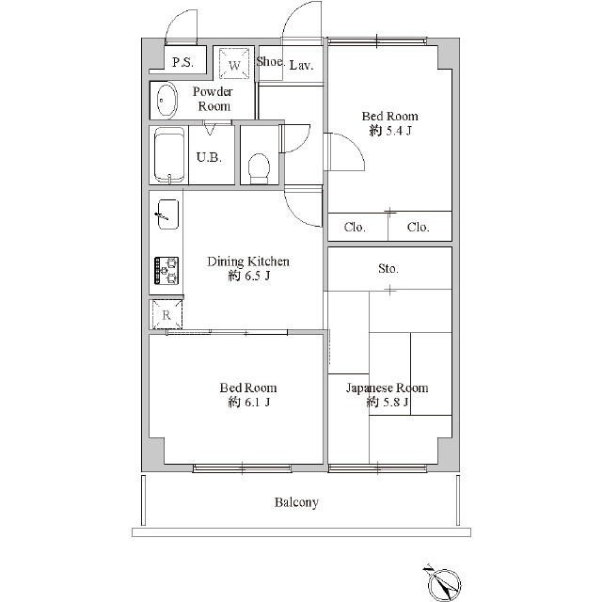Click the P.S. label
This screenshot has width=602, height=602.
pyautogui.click(x=182, y=62)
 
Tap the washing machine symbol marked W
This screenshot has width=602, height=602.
pyautogui.click(x=234, y=63)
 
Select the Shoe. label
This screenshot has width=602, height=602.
pyautogui.click(x=270, y=61)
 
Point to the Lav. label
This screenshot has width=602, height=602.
pyautogui.click(x=301, y=65)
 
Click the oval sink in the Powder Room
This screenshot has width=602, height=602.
pyautogui.click(x=167, y=101)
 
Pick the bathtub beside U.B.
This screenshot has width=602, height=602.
pyautogui.click(x=169, y=156)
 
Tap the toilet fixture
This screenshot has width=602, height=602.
pyautogui.click(x=259, y=169)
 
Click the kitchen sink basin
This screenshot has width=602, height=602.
pyautogui.click(x=168, y=214)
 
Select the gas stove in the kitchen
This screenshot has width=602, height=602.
pyautogui.click(x=166, y=271)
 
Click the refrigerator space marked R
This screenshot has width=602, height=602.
pyautogui.click(x=166, y=315)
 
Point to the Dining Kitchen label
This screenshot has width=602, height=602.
pyautogui.click(x=248, y=261)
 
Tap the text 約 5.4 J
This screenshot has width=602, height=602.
pyautogui.click(x=390, y=131)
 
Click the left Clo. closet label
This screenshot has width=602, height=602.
pyautogui.click(x=355, y=228)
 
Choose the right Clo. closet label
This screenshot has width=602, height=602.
pyautogui.click(x=418, y=228)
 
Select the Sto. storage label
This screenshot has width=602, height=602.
pyautogui.click(x=388, y=268)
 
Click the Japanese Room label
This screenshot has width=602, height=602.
pyautogui.click(x=387, y=388)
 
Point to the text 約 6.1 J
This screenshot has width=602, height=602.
pyautogui.click(x=248, y=403)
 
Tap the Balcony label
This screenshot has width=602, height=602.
pyautogui.click(x=296, y=502)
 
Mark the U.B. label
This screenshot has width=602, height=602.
pyautogui.click(x=209, y=157)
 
